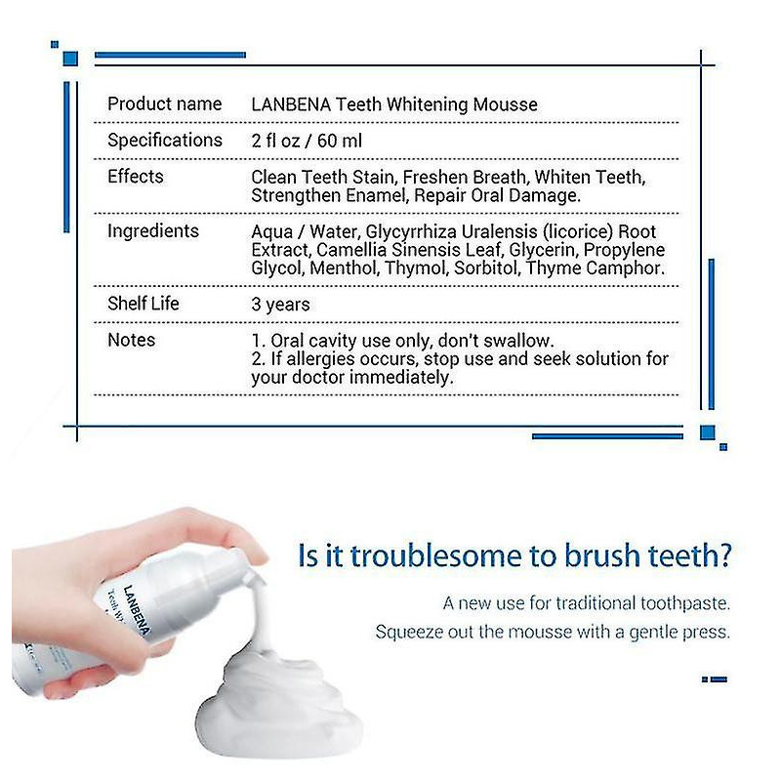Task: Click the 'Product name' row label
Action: point(164,103)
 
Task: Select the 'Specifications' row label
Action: point(164,140)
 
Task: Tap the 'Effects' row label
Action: point(135,177)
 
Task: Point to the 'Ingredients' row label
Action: point(152,231)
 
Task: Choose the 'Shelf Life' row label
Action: point(143,304)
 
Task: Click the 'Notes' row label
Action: point(131,340)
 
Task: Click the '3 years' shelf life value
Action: point(280,305)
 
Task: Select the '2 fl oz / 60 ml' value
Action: point(306,141)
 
